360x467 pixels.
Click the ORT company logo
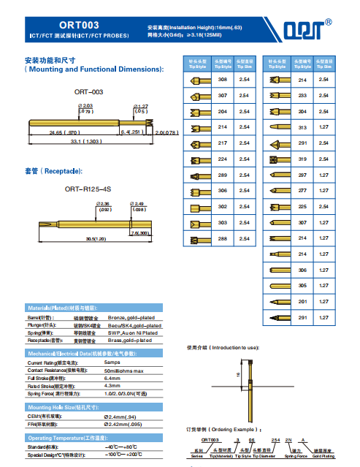tap(302, 29)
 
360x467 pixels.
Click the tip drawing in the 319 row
tap(280, 159)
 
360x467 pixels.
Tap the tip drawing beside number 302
tap(198, 208)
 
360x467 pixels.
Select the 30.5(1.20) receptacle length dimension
tap(96, 238)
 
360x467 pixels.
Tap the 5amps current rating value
tap(112, 362)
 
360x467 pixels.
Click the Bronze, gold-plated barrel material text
tap(132, 318)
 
